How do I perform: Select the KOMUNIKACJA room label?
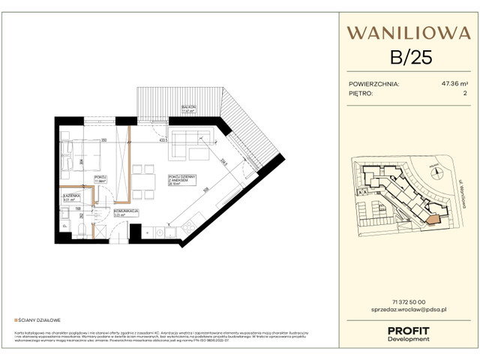coord(125,212)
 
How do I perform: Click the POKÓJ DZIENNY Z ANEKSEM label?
coord(182,179)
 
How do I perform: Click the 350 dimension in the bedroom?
coord(105,140)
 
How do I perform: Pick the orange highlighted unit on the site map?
coord(433,218)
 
